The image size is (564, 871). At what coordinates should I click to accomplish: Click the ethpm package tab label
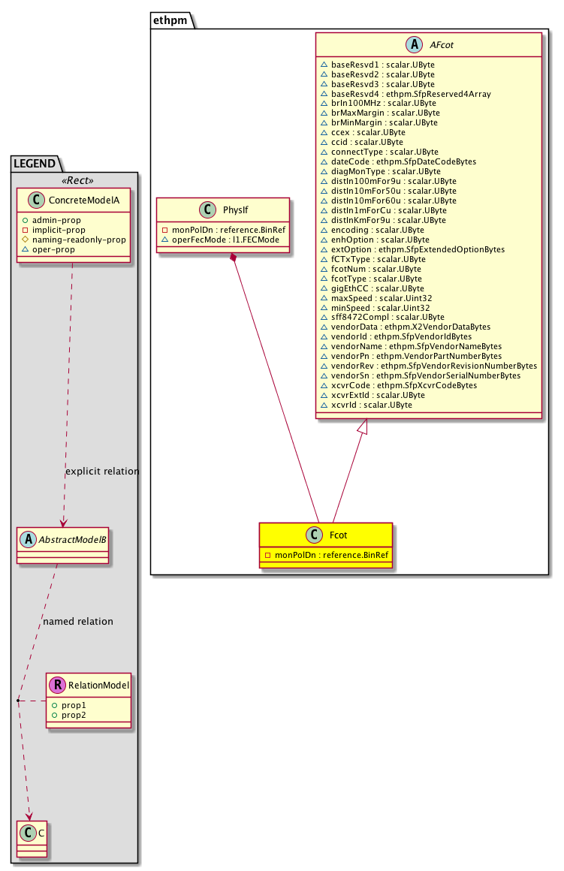point(171,21)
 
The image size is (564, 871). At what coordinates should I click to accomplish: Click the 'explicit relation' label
point(102,472)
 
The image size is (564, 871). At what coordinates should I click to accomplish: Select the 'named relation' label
point(78,621)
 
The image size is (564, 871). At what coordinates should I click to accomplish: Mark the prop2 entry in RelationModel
point(74,715)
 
